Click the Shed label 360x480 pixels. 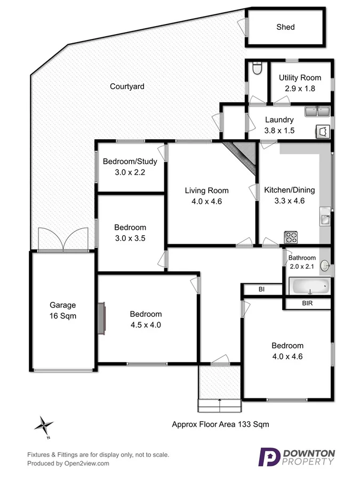coord(285,27)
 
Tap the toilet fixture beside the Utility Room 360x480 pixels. coord(257,70)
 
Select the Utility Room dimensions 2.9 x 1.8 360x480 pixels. coord(300,89)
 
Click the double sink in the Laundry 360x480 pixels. coord(318,111)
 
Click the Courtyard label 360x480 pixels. coord(127,86)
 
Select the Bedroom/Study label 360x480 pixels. coord(130,162)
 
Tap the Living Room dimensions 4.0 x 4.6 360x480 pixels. coord(206,202)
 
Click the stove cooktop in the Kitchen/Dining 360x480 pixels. coord(291,236)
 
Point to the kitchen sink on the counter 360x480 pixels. coord(325,218)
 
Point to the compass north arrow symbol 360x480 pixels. coord(44,426)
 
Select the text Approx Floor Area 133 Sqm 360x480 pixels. coord(220,425)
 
